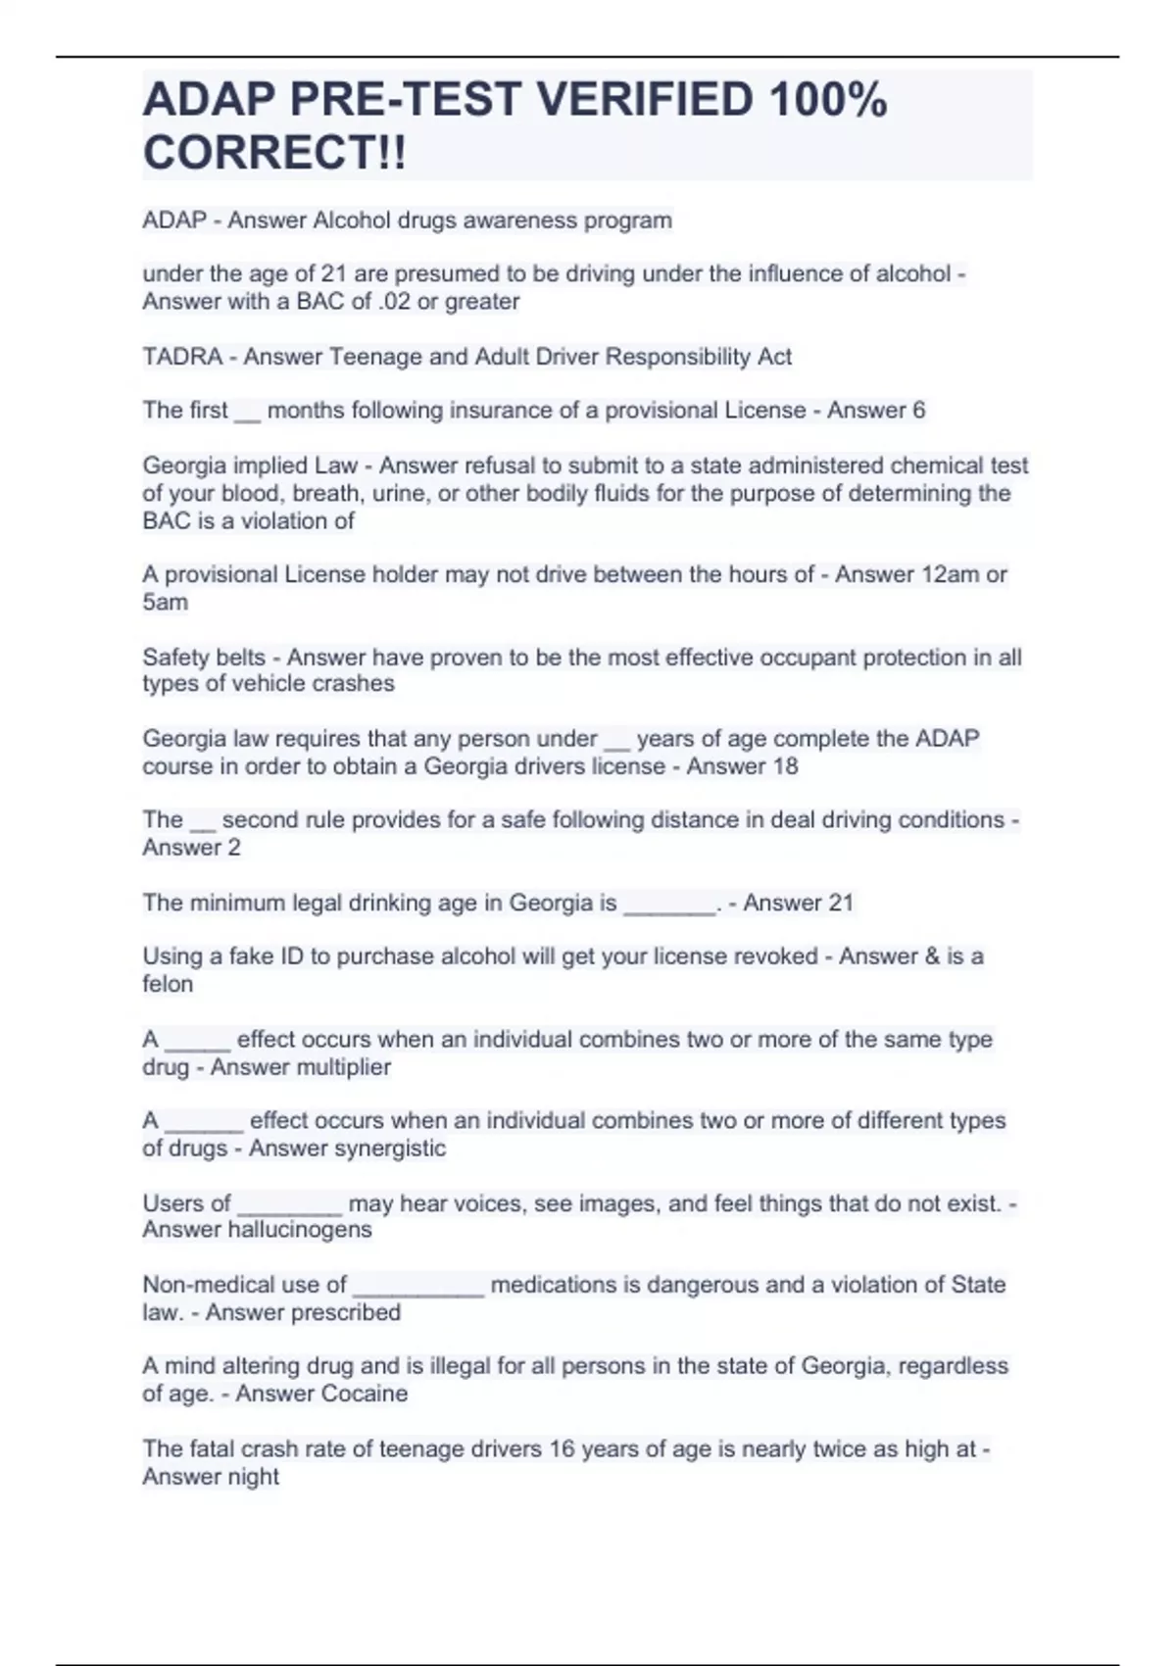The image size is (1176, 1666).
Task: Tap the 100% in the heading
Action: pos(828,99)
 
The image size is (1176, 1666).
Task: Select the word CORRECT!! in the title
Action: pos(274,153)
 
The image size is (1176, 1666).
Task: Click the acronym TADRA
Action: pos(182,357)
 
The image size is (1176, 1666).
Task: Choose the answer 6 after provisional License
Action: pos(918,411)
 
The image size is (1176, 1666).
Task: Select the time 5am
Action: pos(165,602)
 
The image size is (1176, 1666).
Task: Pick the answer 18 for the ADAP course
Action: pos(785,766)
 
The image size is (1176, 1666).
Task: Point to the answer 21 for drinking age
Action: pos(841,903)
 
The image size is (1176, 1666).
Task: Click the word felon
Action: pos(168,984)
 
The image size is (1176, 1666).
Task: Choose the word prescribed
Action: pos(342,1312)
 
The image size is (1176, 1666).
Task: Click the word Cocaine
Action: pos(365,1394)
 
